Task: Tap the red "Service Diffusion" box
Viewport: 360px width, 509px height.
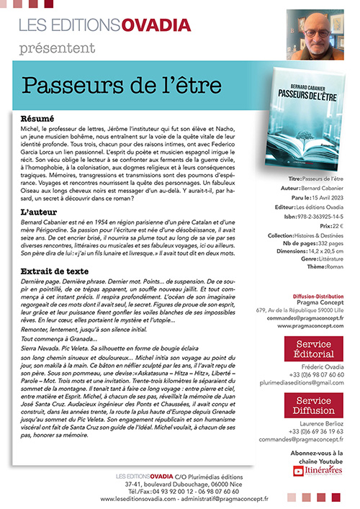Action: coord(310,406)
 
